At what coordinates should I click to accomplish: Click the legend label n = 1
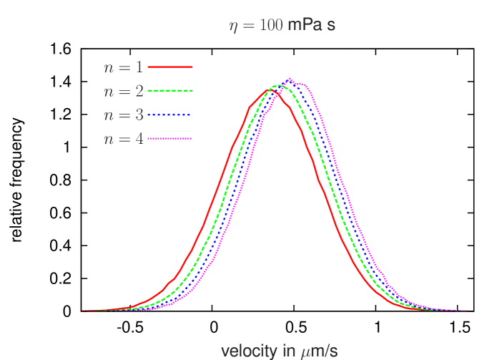pos(123,67)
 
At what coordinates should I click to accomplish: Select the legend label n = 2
pos(123,92)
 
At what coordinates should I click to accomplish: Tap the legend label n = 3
pos(123,115)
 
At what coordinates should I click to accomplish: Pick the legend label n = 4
pos(123,139)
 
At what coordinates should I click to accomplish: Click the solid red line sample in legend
pos(170,67)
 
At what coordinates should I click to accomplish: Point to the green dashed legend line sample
pos(170,91)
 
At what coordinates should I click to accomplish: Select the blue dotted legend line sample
pos(170,115)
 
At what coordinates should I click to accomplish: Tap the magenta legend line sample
pos(170,138)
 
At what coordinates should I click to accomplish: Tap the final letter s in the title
pos(331,26)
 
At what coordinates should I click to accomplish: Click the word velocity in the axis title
pos(247,351)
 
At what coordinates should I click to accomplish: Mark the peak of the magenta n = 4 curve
pos(290,79)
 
